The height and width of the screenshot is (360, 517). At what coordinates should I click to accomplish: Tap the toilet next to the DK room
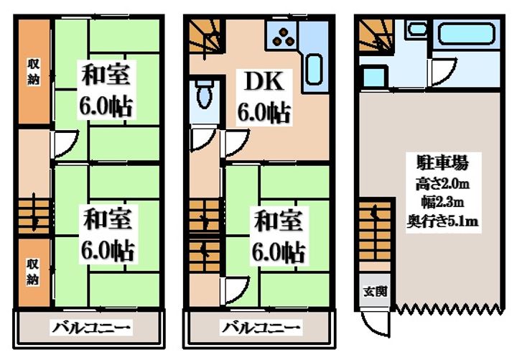pyautogui.click(x=203, y=93)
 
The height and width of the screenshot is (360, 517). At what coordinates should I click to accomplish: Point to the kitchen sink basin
pyautogui.click(x=313, y=70)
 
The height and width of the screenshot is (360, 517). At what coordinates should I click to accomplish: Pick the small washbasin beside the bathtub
pyautogui.click(x=416, y=30)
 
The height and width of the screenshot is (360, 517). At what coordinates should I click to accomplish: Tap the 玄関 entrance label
pyautogui.click(x=374, y=291)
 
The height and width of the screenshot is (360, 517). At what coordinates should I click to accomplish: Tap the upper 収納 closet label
pyautogui.click(x=34, y=70)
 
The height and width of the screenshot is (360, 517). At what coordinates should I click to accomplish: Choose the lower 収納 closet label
pyautogui.click(x=34, y=269)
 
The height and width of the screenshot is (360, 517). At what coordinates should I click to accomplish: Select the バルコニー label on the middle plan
pyautogui.click(x=260, y=329)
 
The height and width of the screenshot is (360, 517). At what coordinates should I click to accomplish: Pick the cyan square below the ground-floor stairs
pyautogui.click(x=373, y=75)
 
